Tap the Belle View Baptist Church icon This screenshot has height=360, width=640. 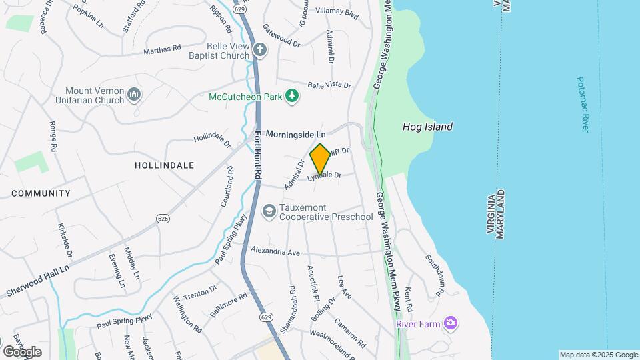[x=260, y=49]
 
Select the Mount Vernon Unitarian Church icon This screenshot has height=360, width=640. [x=134, y=95]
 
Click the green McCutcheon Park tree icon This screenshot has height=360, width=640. [x=291, y=97]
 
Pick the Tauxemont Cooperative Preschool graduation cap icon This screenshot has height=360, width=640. [x=269, y=211]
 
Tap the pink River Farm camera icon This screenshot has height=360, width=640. [x=451, y=323]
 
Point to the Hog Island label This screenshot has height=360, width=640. [x=427, y=127]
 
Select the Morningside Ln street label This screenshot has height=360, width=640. [x=295, y=134]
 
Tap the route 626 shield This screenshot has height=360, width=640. [x=162, y=219]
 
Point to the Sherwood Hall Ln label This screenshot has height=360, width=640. [x=37, y=281]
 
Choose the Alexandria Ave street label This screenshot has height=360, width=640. [x=275, y=252]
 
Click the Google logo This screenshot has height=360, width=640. [x=22, y=351]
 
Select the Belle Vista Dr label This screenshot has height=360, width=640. [x=329, y=85]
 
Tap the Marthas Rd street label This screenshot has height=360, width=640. [x=162, y=49]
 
